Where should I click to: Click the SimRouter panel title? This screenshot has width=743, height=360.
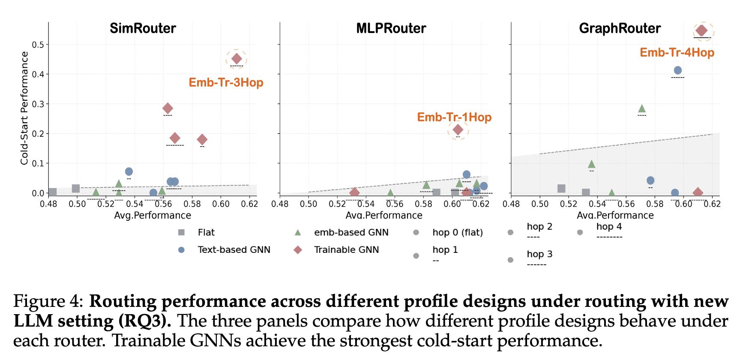(143, 28)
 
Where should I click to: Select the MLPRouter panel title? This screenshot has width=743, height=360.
(391, 28)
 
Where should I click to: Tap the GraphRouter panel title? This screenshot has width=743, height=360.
(620, 28)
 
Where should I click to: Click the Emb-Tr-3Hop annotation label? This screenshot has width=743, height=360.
(226, 82)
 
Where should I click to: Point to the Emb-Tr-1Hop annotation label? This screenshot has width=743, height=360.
(454, 117)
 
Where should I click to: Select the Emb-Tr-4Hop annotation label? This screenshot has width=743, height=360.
(677, 52)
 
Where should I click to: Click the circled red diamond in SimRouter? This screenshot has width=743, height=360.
(237, 59)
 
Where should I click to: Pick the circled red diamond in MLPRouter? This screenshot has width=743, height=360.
(458, 129)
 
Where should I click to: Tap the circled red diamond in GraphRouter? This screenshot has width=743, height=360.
(701, 30)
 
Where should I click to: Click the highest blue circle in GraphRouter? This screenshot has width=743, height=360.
(677, 70)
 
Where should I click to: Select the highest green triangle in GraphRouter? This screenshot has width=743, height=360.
(641, 108)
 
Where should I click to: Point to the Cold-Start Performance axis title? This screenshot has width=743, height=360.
(24, 108)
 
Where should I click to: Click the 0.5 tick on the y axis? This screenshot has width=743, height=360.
(38, 45)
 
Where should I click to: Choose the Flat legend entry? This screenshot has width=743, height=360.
(206, 232)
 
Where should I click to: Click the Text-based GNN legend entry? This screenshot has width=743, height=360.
(234, 249)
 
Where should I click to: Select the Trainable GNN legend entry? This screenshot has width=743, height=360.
(346, 249)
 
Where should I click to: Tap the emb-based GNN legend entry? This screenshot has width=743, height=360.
(351, 232)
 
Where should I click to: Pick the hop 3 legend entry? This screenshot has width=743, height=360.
(539, 254)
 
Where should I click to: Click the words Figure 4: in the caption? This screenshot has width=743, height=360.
(48, 301)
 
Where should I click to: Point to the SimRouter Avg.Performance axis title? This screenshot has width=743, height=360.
(153, 215)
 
